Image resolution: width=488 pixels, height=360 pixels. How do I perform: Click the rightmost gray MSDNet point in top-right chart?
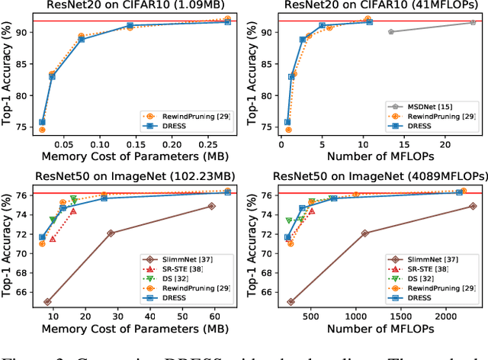473,22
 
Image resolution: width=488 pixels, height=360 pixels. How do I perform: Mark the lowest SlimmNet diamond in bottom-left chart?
47,302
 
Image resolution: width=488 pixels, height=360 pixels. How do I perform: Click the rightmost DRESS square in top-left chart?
227,22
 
